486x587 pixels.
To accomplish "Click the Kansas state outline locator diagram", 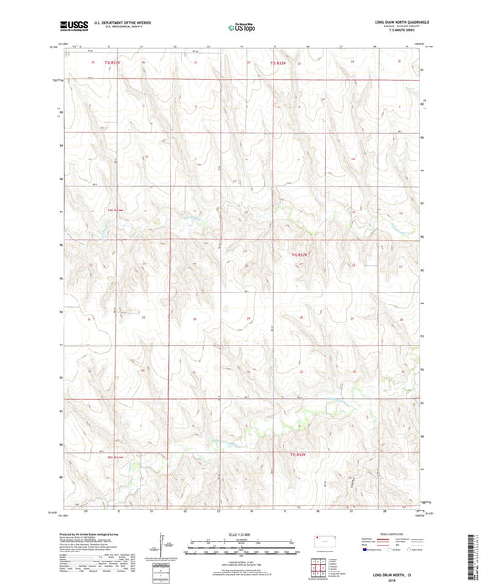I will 325,544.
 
